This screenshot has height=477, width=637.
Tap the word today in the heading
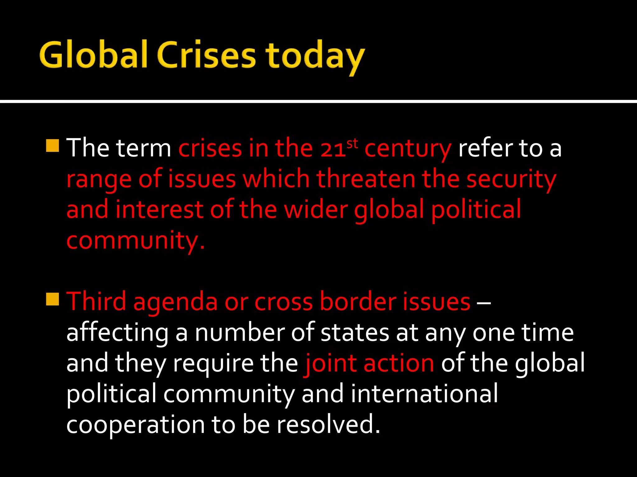[x=315, y=57]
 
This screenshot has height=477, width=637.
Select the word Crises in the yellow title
[x=207, y=55]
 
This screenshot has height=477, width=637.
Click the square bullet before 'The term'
[x=52, y=146]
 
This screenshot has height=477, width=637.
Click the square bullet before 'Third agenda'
[x=52, y=299]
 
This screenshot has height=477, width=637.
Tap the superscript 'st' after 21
[x=352, y=143]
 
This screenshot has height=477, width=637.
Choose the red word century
[x=408, y=149]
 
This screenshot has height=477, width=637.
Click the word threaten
[x=366, y=179]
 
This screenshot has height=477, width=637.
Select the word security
[x=511, y=180]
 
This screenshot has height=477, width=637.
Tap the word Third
[x=96, y=301]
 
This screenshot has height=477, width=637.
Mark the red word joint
[x=330, y=363]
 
